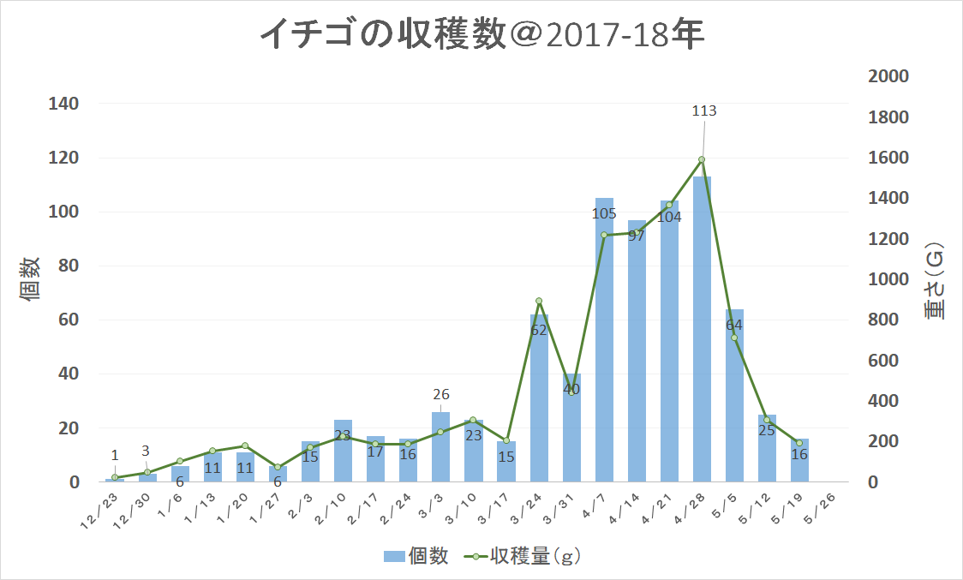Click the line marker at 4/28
pos(702,159)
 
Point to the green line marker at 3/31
pos(571,392)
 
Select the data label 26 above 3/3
pos(441,395)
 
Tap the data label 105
pos(604,213)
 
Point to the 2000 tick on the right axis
pos(888,76)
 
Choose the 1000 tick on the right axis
pos(888,279)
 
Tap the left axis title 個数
pos(31,278)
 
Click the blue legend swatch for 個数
pos(393,557)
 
